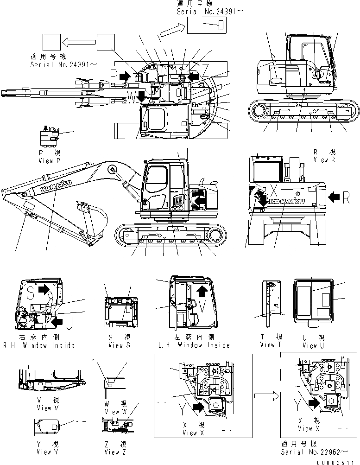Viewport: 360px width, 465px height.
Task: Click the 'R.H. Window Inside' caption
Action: pos(38,345)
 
